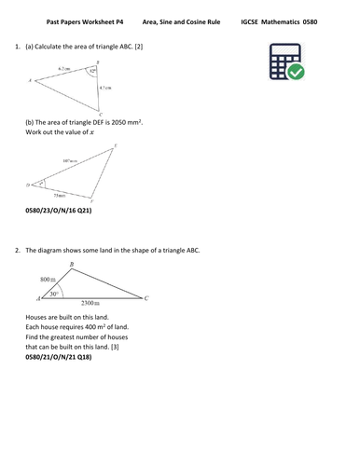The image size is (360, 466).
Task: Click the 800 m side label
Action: pos(46,280)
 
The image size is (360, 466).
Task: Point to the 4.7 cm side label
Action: pos(108,88)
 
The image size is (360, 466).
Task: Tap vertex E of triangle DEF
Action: pos(115,145)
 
